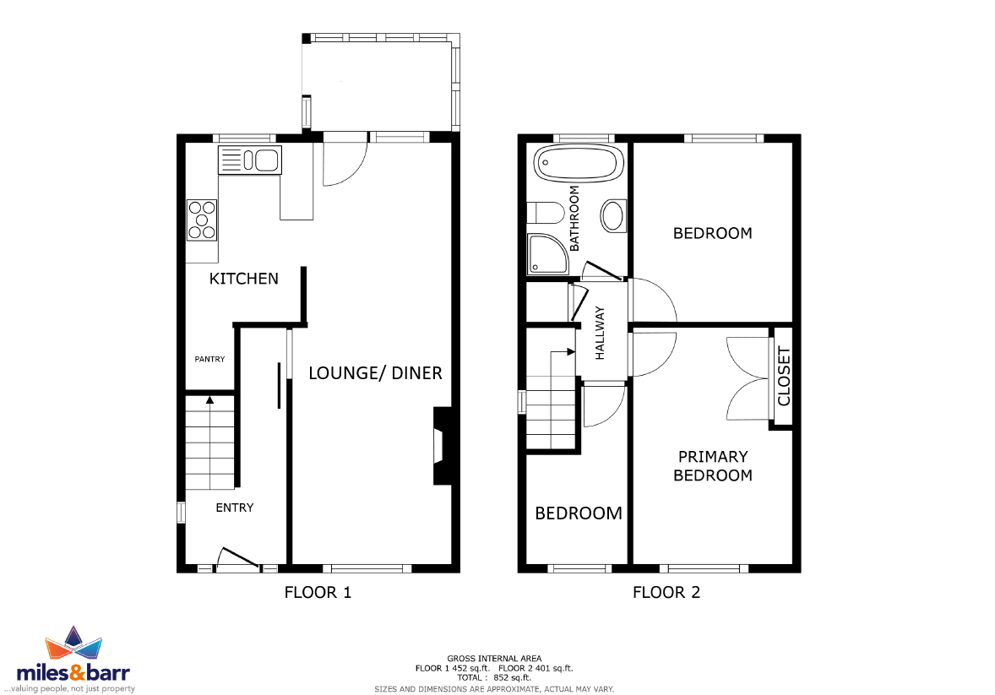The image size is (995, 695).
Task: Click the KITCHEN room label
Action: [243, 279]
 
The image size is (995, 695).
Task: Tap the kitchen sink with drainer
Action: [249, 160]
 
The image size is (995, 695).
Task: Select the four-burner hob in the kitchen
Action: [202, 220]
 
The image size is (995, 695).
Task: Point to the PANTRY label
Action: [209, 359]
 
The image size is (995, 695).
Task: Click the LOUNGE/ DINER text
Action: [375, 373]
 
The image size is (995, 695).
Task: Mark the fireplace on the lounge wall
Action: [443, 446]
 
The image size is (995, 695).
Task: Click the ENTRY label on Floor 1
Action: [234, 508]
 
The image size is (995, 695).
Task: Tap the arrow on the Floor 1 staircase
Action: [210, 400]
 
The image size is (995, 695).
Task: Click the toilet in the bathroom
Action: [546, 213]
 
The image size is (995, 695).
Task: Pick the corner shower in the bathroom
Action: [547, 254]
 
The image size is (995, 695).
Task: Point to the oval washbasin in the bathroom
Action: [612, 215]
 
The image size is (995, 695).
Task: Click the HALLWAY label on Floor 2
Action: [600, 334]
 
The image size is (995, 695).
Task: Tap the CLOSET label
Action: [784, 377]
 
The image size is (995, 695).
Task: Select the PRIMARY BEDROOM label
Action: [713, 466]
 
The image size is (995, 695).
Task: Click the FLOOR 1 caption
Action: [318, 593]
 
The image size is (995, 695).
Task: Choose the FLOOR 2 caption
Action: [666, 593]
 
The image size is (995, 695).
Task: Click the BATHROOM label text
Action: [574, 219]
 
